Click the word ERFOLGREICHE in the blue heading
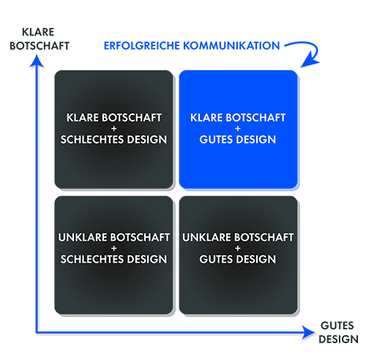(142, 45)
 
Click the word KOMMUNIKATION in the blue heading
(231, 45)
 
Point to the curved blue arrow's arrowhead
(310, 61)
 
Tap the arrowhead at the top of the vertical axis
(37, 61)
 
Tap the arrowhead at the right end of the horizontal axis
(308, 332)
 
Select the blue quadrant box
(239, 130)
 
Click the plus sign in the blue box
(238, 129)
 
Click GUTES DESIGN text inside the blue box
(238, 140)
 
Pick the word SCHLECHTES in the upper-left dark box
(92, 140)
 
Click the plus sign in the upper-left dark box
(113, 129)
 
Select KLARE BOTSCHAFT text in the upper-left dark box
(114, 118)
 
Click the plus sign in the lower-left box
(113, 248)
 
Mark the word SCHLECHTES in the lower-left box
(92, 259)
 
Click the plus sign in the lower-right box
(238, 248)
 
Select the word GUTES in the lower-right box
(217, 259)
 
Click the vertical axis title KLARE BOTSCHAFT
(40, 39)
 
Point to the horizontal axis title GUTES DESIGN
(338, 332)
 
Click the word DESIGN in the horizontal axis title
(338, 340)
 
